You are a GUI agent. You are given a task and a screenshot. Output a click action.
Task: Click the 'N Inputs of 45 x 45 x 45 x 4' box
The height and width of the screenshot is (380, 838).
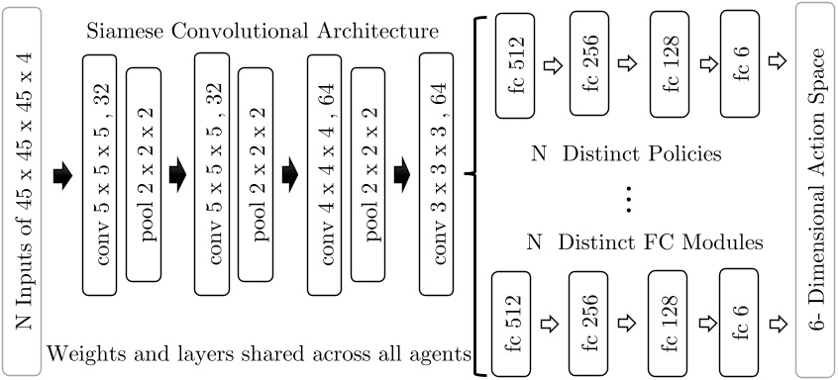click(x=22, y=190)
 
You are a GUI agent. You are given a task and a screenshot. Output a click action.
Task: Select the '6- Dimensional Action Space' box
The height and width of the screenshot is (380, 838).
click(x=816, y=190)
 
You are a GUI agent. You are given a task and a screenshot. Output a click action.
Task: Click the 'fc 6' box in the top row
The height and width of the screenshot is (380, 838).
click(x=746, y=62)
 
